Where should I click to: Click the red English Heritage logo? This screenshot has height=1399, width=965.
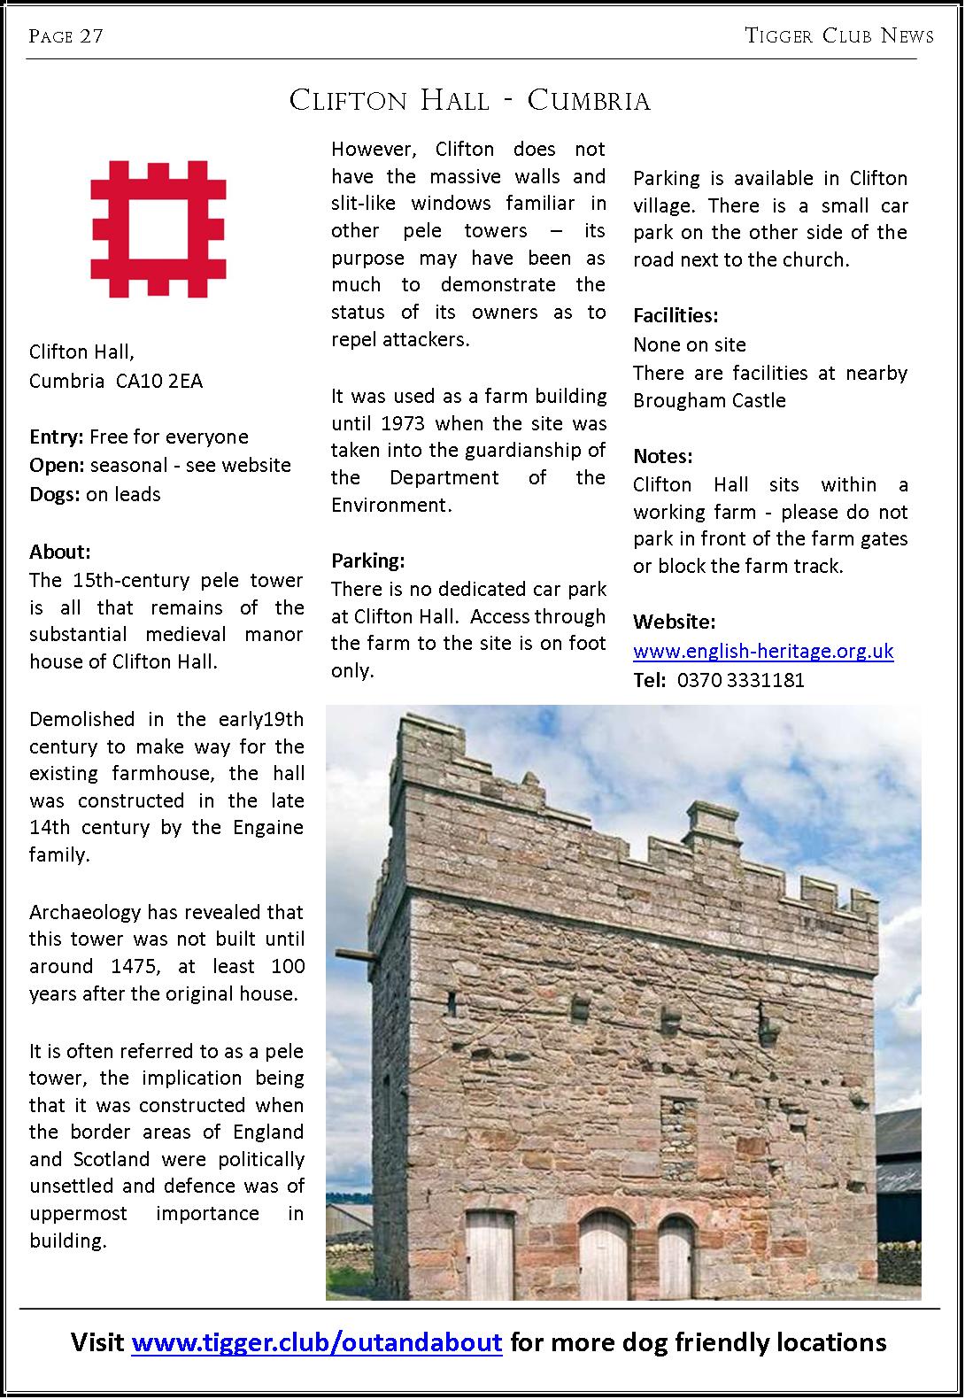158,228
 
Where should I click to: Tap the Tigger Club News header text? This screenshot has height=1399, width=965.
839,36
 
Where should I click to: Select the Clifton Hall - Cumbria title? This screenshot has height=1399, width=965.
470,101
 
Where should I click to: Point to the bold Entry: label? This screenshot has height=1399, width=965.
57,437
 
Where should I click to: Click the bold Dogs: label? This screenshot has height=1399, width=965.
55,494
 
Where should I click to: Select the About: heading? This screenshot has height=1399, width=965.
60,553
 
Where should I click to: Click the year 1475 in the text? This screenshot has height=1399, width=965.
125,967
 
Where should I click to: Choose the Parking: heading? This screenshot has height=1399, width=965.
367,560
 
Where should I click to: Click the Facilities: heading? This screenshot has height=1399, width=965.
675,315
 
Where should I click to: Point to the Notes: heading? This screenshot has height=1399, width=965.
663,457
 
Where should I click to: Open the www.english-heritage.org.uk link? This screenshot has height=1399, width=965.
763,652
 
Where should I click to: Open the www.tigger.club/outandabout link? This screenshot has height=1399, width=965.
317,1342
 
